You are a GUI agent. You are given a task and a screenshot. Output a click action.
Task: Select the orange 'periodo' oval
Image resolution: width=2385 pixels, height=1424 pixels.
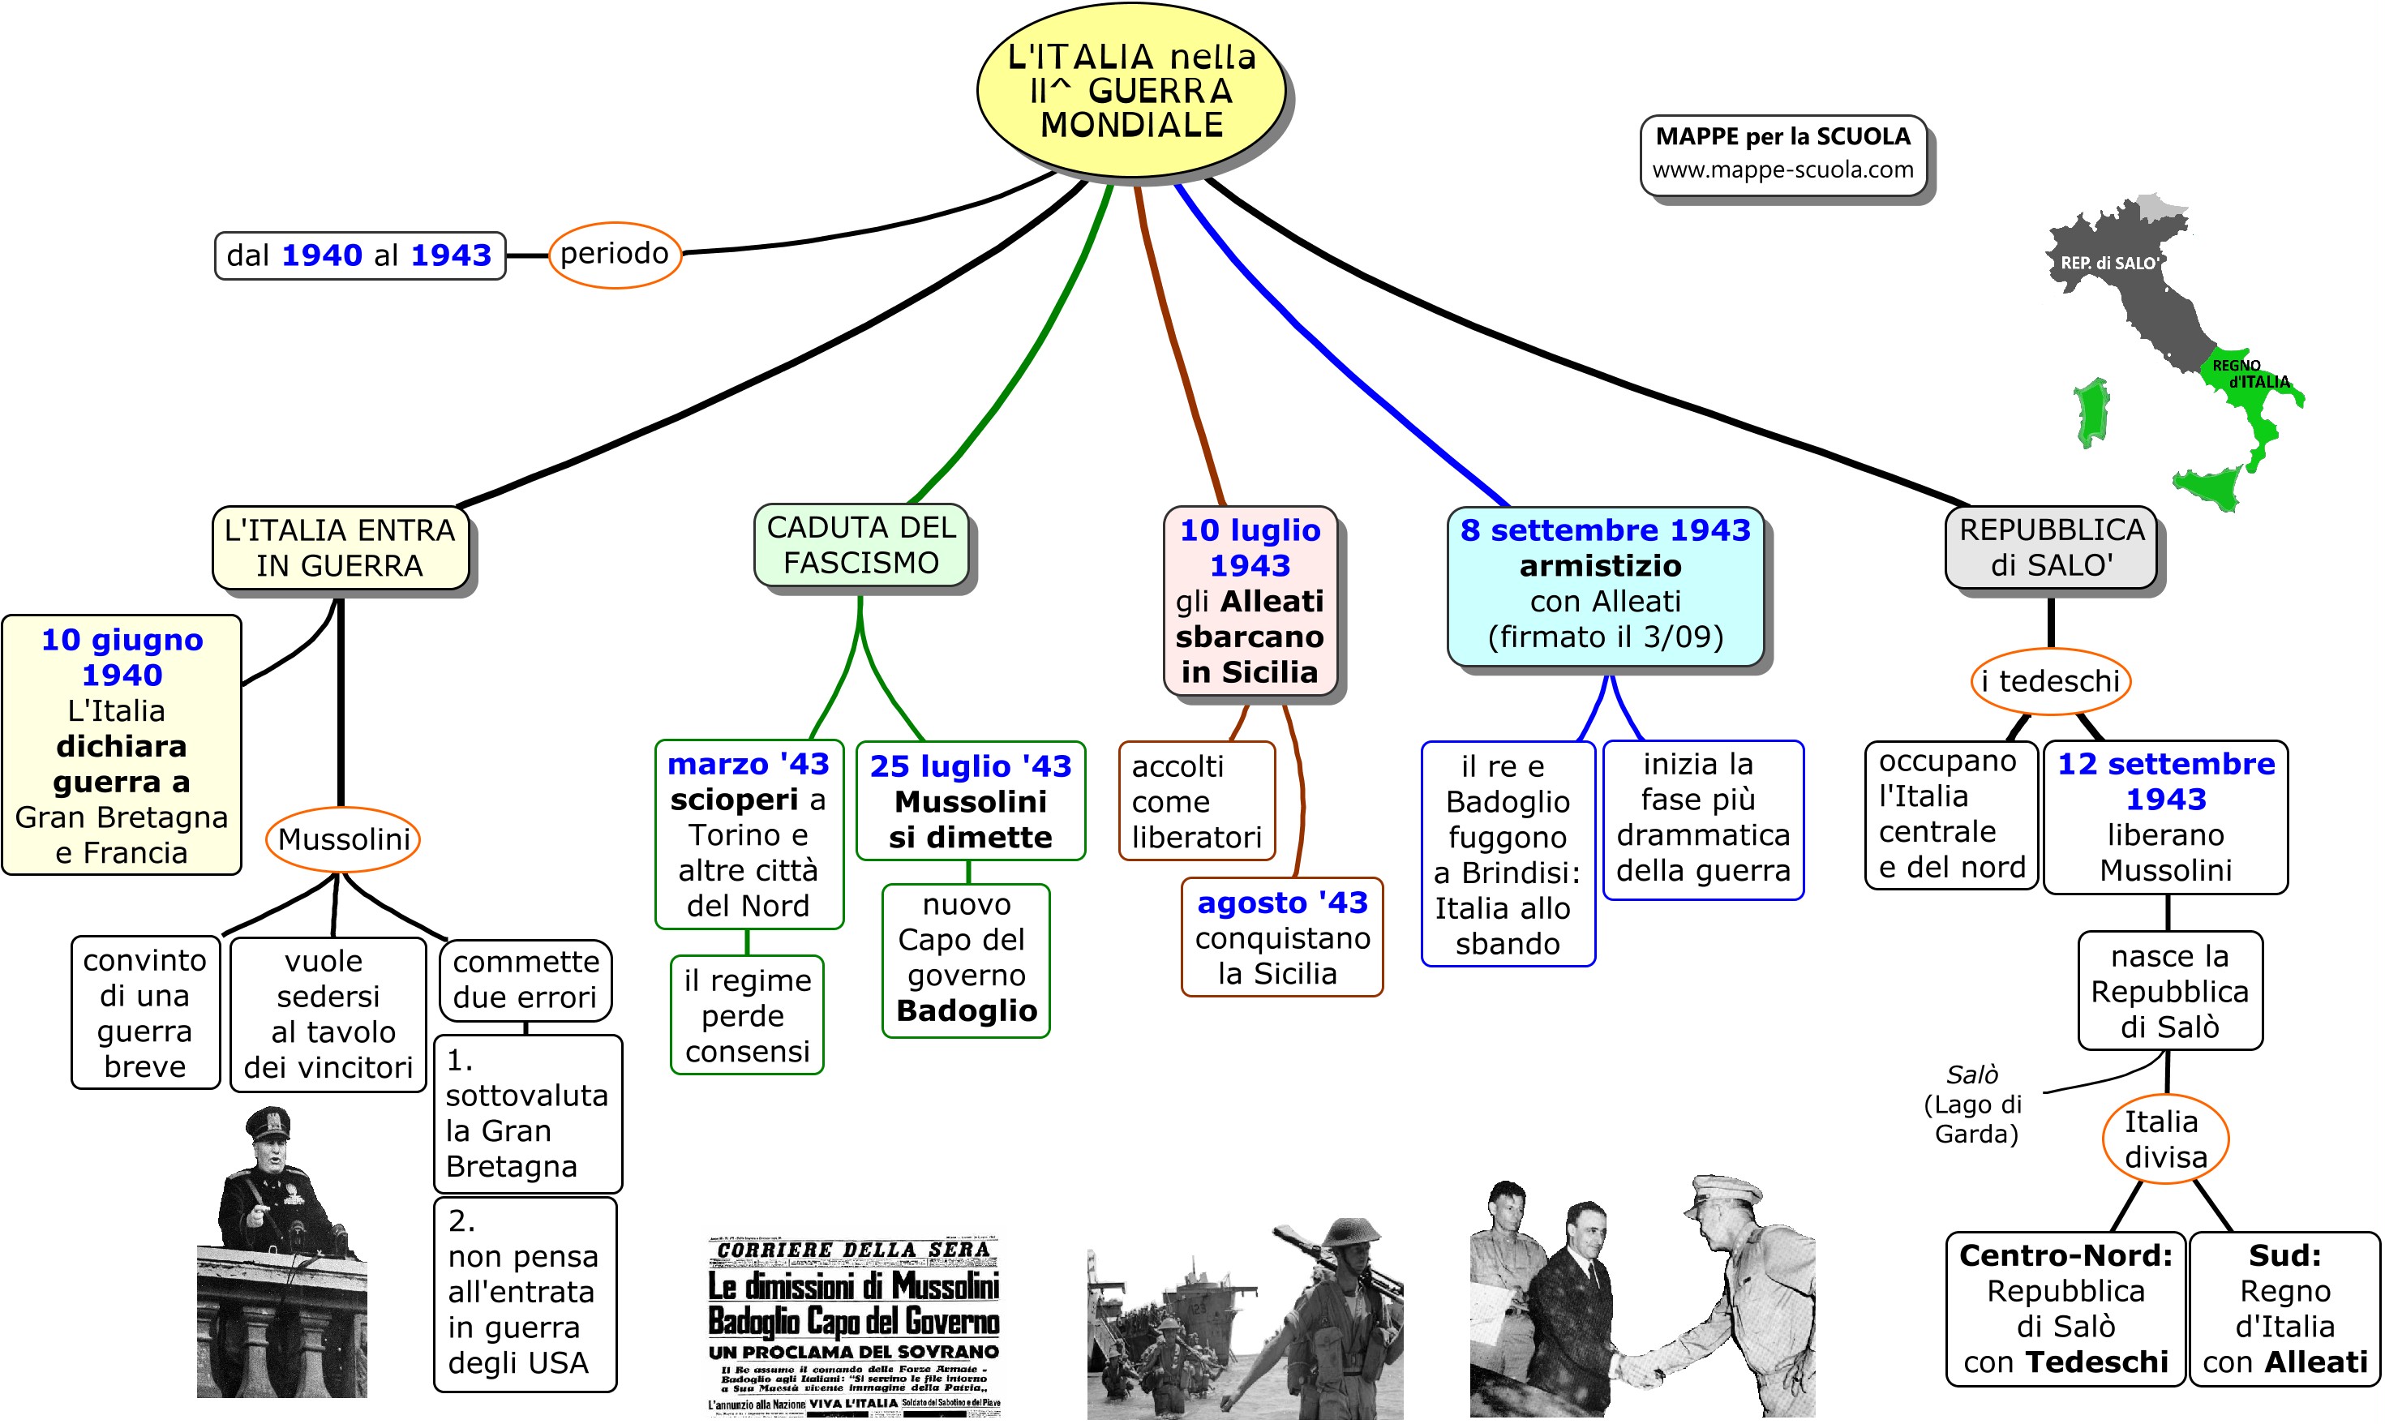point(614,255)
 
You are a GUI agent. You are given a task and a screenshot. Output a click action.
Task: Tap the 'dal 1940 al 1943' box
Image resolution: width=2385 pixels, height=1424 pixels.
point(360,255)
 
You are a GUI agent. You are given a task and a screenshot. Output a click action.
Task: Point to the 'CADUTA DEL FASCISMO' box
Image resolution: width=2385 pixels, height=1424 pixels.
point(860,545)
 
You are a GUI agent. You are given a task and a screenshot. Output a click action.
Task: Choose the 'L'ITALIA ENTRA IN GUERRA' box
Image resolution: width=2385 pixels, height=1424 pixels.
point(340,548)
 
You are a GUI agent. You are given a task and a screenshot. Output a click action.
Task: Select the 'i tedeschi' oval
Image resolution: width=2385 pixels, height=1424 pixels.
point(2050,681)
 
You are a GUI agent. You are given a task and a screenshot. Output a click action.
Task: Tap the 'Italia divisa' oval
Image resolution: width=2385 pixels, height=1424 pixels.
point(2165,1139)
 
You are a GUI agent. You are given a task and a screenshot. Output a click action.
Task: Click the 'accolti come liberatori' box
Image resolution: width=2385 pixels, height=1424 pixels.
point(1196,801)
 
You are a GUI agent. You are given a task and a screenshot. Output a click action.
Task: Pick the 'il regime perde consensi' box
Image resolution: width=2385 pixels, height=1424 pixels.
point(748,1015)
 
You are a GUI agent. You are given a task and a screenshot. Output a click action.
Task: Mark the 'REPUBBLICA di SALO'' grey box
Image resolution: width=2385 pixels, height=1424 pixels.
point(2050,547)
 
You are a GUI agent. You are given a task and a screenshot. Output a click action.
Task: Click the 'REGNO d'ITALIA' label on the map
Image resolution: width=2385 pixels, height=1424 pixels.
point(2250,374)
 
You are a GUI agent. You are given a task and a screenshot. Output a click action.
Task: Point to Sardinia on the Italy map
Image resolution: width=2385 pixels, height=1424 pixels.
point(2091,413)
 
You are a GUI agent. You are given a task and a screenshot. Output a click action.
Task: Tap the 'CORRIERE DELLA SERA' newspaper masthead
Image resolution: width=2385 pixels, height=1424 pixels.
point(853,1250)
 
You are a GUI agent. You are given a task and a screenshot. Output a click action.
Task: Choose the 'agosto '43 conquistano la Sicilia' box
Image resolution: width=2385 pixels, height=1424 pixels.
point(1282,937)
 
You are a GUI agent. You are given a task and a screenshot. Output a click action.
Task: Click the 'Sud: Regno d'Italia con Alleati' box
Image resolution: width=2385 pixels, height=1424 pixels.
point(2284,1309)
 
